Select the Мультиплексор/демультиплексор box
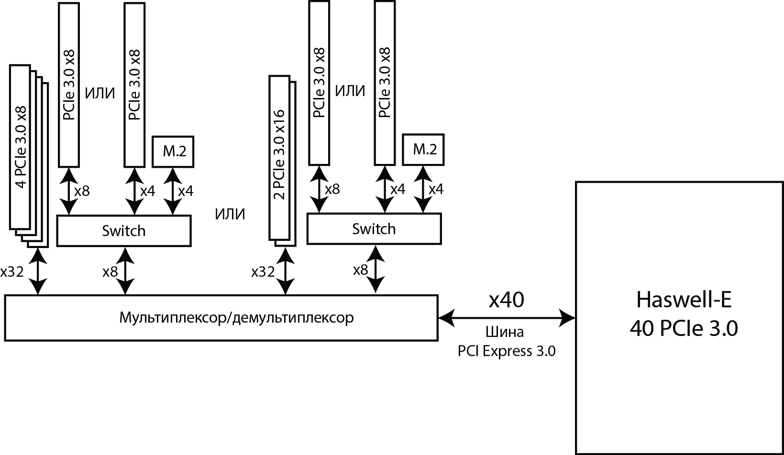221,318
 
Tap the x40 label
506,300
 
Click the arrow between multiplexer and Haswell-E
506,316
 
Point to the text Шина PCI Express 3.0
506,342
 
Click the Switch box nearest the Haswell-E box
374,229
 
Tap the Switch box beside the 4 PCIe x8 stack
123,231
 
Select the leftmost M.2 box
173,152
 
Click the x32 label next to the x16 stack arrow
263,272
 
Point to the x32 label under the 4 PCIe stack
12,272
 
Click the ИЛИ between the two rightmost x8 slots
350,90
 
